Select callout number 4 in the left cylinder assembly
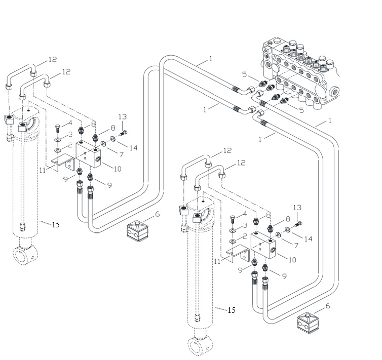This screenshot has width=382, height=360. click(x=70, y=123)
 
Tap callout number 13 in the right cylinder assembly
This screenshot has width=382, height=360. click(x=297, y=208)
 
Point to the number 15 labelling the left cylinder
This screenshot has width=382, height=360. click(x=56, y=224)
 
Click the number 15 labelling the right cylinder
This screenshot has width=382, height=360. click(x=232, y=310)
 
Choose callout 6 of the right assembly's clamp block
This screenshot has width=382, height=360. click(x=328, y=306)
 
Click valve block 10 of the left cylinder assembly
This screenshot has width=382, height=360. click(x=88, y=155)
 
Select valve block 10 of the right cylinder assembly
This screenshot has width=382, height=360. click(x=263, y=246)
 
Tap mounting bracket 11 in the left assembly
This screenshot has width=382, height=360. click(x=64, y=163)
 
